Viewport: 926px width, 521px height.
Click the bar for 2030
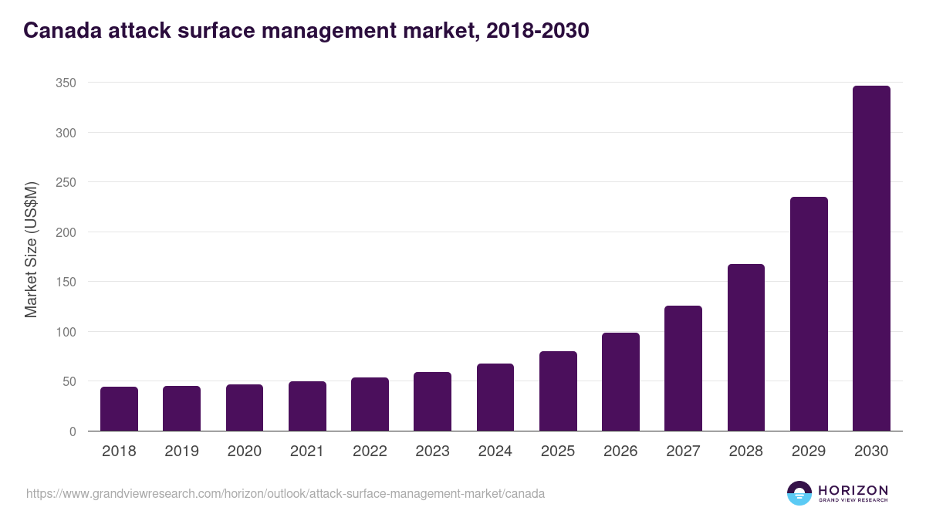(871, 259)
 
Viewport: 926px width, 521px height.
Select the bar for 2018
(119, 409)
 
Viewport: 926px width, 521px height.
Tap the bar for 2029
(809, 314)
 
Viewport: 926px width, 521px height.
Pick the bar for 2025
(558, 391)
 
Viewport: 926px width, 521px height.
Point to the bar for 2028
(745, 347)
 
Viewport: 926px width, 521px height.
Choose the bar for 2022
(370, 404)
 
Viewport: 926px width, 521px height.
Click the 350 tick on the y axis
(66, 83)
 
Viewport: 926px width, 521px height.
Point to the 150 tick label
(66, 282)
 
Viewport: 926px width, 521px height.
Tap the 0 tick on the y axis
(73, 431)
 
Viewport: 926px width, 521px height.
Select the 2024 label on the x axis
(495, 452)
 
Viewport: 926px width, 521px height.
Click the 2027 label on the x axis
(683, 452)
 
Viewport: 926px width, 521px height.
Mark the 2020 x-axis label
(244, 452)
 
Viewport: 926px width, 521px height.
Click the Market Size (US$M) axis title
(31, 250)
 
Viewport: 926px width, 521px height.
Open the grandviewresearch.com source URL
(286, 493)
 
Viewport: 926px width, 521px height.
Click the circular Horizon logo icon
(799, 493)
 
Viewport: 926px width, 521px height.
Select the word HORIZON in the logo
(853, 490)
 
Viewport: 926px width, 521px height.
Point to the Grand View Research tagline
(853, 501)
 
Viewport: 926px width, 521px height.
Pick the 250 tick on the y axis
(66, 182)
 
